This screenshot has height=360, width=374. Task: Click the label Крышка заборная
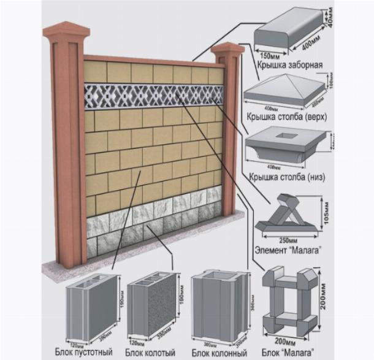point(290,64)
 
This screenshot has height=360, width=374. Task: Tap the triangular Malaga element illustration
point(286,214)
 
